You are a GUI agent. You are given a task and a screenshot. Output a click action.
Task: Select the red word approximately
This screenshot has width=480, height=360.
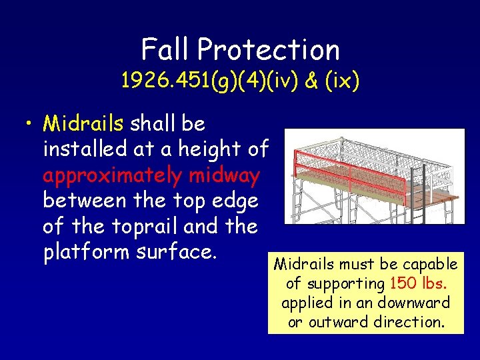(x=111, y=175)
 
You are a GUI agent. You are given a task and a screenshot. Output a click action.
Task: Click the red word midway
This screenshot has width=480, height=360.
(x=224, y=175)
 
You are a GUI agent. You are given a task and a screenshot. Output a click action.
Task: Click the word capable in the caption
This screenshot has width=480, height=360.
(x=428, y=264)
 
